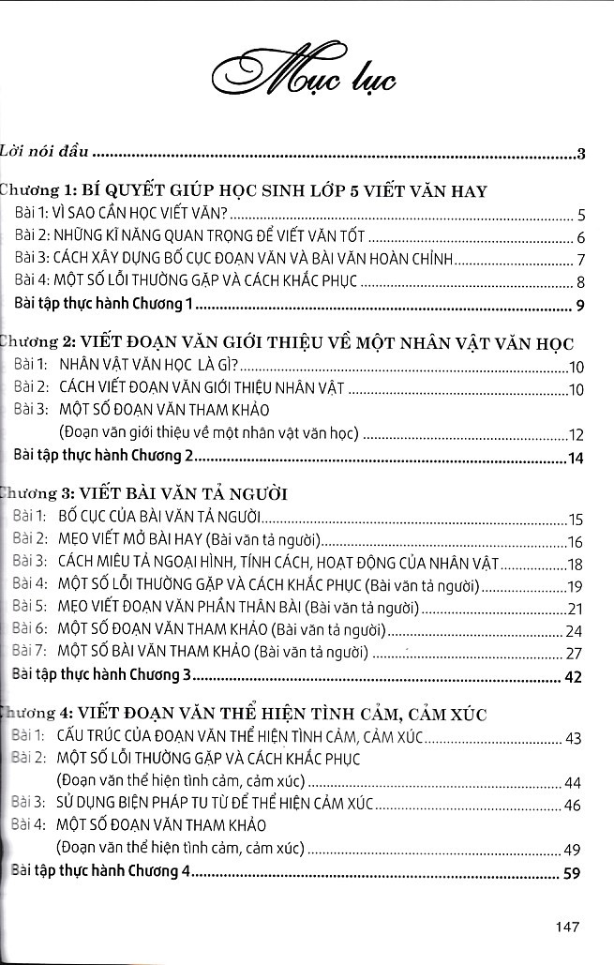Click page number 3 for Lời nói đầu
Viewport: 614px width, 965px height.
click(581, 155)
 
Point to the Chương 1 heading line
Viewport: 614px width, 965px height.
click(244, 191)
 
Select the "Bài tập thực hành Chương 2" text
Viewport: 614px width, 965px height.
click(103, 457)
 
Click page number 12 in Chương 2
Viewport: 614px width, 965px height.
click(576, 435)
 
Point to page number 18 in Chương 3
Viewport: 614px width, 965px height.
click(576, 564)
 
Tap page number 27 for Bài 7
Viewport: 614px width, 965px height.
click(576, 654)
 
